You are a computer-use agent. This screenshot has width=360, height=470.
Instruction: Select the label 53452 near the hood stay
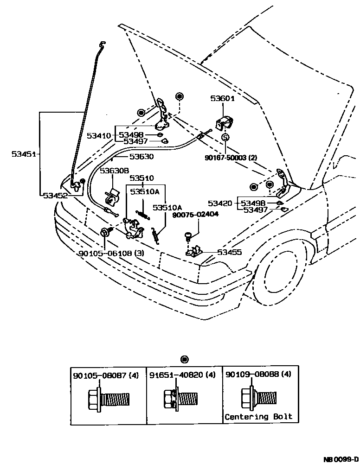(x=55, y=196)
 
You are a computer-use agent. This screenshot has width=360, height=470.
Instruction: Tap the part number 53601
(x=223, y=98)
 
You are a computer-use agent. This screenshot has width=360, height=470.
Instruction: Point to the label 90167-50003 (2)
(x=231, y=158)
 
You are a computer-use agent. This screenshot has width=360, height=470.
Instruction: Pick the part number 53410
(x=99, y=136)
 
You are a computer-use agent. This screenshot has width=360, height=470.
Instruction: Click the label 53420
(x=220, y=203)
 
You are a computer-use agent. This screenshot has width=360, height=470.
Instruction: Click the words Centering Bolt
(x=258, y=416)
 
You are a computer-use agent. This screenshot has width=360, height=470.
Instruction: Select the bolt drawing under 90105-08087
(x=108, y=399)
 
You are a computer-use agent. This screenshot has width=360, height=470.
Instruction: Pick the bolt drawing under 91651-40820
(x=180, y=399)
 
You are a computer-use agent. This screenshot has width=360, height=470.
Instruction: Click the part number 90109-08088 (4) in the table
(x=258, y=375)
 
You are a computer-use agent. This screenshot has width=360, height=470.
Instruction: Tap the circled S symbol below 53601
(x=225, y=138)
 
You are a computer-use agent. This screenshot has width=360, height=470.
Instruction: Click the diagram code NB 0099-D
(x=341, y=460)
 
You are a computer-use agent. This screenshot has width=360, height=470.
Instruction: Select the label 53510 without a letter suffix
(x=141, y=178)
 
